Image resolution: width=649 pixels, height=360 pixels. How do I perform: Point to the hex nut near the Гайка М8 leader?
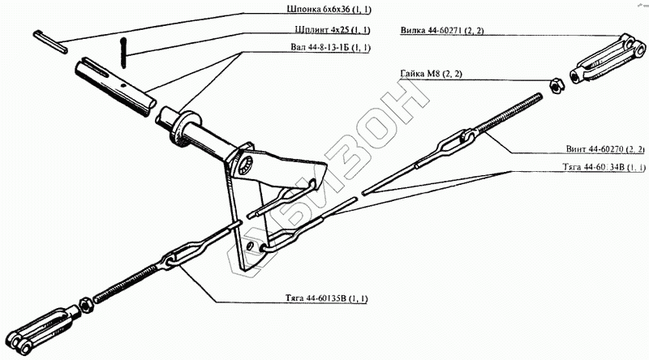[555, 84]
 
